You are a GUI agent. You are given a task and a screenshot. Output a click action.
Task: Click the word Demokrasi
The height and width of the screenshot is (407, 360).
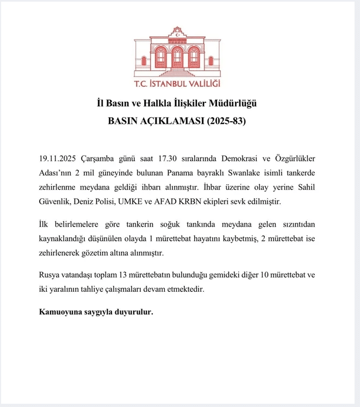(x=240, y=158)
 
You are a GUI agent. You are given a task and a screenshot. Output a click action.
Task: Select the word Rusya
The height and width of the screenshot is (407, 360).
(x=51, y=275)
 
